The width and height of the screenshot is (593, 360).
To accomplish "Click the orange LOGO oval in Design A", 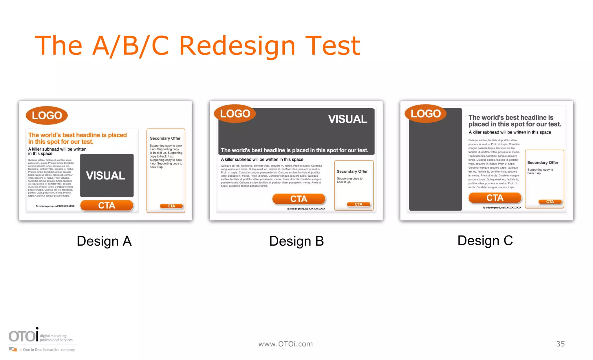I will coord(47,116).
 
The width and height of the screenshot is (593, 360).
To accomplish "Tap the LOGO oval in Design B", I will coord(235,114).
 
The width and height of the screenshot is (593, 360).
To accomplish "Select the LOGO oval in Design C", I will coord(425,114).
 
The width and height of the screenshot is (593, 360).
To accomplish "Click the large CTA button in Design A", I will coord(107,205).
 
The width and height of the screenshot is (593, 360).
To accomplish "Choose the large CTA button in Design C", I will coord(495,198).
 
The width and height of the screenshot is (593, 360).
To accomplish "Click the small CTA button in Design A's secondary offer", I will coord(171,206).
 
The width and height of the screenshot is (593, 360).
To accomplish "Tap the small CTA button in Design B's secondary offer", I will coord(358,204).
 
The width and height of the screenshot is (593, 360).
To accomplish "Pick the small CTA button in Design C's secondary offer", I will coord(550,202).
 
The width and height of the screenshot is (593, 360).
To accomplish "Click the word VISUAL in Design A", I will coord(106,176).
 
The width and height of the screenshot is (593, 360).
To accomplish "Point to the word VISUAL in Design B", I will coord(347,119).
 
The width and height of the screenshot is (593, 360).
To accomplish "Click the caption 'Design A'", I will coord(104,241).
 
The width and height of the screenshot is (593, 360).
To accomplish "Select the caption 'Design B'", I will coord(296,241).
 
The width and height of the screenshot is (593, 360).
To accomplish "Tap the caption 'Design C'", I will coord(485,240).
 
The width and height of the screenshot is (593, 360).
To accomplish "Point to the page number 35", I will coord(560,344).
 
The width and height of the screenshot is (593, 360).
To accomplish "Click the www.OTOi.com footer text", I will coord(285,344).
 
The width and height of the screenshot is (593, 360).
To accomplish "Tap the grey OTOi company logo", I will coord(23,336).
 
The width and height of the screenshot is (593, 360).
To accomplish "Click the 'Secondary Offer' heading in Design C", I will coord(543,162).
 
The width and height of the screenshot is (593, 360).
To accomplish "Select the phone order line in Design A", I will coord(55,206).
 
